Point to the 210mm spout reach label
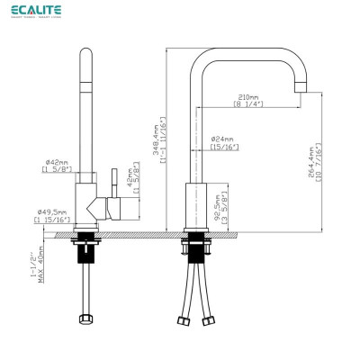[x=248, y=95]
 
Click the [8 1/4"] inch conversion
[x=248, y=105]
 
